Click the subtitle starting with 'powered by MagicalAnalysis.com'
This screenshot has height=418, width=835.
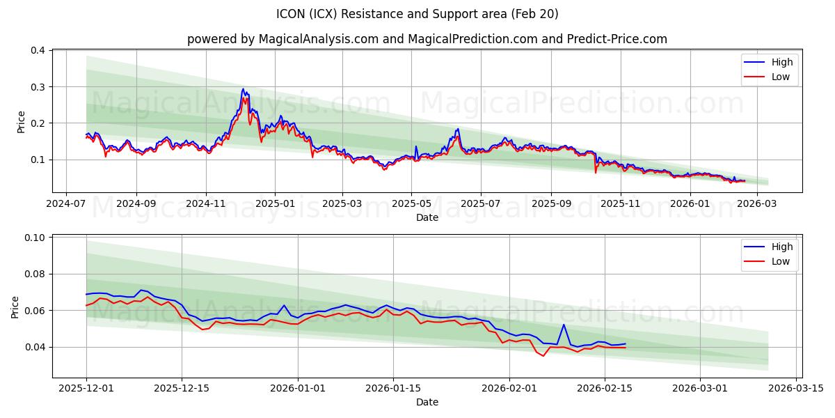427,39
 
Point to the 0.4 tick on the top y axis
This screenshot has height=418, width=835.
38,51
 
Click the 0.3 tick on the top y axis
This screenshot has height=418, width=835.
38,87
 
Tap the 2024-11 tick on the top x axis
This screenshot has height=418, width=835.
206,203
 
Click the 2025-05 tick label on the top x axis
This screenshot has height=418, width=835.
411,203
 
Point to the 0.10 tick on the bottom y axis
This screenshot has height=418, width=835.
35,238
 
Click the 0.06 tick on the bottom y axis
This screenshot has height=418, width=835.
35,311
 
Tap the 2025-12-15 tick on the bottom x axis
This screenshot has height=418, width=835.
182,389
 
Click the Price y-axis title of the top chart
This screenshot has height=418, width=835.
21,121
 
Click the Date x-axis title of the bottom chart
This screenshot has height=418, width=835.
427,402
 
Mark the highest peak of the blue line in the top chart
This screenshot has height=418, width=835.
243,88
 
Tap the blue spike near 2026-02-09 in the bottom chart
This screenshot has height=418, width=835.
564,325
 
